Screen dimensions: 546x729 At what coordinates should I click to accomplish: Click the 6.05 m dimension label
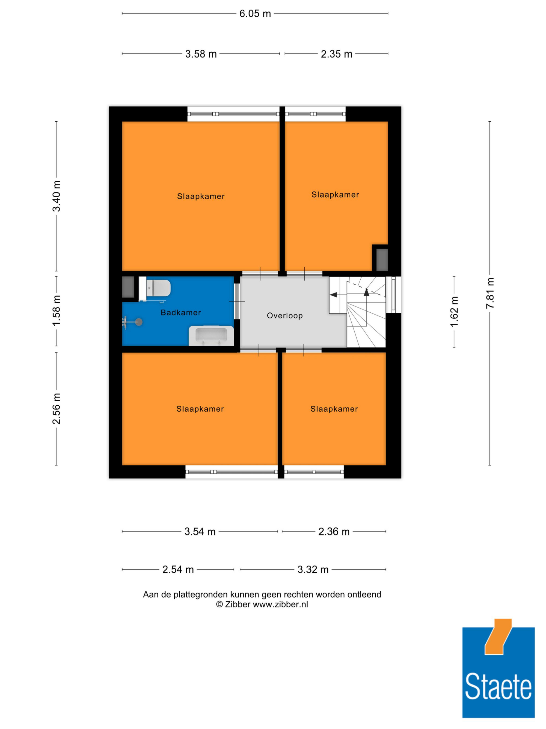(255, 13)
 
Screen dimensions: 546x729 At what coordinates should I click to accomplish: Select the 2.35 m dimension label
(336, 54)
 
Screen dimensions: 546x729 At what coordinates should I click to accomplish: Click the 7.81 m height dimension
(490, 293)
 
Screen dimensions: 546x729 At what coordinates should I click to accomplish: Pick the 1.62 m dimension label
(454, 312)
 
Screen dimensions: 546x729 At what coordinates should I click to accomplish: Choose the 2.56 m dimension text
(57, 409)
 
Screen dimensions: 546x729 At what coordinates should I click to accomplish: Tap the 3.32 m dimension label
(313, 569)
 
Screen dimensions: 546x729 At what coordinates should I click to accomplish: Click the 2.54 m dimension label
(178, 569)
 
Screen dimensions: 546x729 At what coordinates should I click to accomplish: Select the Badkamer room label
(181, 312)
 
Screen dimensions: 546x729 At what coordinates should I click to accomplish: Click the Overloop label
(285, 316)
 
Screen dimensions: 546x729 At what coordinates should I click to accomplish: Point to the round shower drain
(139, 322)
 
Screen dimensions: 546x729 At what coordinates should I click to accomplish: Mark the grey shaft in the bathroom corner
(128, 287)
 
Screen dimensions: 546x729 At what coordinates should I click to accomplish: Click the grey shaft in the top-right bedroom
(382, 260)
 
